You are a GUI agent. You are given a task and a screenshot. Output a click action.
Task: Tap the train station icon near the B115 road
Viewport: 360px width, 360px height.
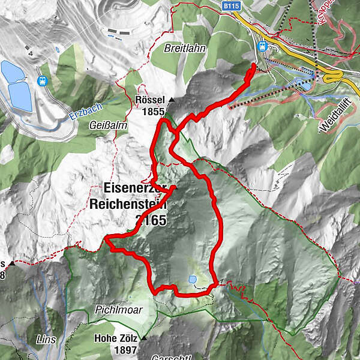coord(262,46)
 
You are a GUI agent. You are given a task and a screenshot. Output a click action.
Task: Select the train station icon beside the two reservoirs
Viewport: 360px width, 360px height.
coord(43,80)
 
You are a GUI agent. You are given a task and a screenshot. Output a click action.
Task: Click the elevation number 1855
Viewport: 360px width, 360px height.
coord(154,111)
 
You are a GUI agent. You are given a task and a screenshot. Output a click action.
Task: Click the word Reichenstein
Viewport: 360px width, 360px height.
coord(128,203)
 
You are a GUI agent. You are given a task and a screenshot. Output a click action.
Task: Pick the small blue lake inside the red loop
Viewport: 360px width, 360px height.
coord(192,279)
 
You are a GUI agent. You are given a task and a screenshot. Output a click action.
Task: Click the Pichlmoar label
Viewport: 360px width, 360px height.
coord(116,311)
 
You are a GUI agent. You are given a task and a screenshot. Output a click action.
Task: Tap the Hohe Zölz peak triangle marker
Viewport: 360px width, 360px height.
coord(144,339)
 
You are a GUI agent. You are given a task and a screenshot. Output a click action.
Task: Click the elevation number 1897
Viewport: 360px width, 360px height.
coord(125,350)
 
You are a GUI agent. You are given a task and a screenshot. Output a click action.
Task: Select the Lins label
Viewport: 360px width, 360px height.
coord(46,340)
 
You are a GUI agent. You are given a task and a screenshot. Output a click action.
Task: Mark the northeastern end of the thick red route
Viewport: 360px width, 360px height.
coord(254,64)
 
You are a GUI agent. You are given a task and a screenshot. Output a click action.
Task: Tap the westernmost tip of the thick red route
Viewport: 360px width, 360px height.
coord(106,239)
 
